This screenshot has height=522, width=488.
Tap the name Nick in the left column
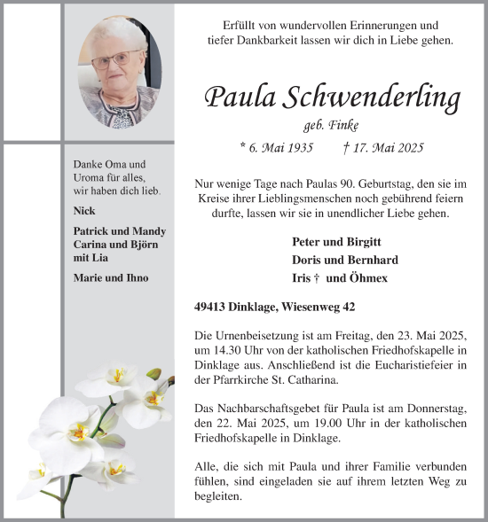[85, 211]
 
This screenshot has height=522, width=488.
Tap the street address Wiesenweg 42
[328, 308]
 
